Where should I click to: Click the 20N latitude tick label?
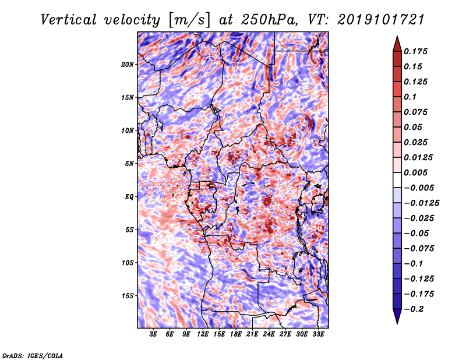(x=128, y=64)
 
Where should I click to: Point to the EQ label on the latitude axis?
(x=129, y=197)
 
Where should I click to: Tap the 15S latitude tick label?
(x=128, y=296)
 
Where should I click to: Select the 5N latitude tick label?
(x=129, y=164)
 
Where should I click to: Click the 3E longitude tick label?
(x=153, y=334)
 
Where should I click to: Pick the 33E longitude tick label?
(x=318, y=334)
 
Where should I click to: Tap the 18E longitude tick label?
(x=236, y=334)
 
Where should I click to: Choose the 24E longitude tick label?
(x=269, y=334)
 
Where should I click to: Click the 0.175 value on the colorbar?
(x=415, y=51)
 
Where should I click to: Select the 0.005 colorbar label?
(x=415, y=172)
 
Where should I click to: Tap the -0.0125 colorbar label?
(x=421, y=203)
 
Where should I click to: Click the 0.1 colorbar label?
(x=410, y=97)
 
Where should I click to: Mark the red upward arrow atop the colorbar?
(x=397, y=44)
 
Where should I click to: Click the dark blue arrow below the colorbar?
(x=397, y=316)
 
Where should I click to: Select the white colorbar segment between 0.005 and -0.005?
(x=397, y=180)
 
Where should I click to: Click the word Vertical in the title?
(x=69, y=20)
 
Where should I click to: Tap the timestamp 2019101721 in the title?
(x=381, y=20)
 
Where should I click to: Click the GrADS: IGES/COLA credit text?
(x=33, y=355)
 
